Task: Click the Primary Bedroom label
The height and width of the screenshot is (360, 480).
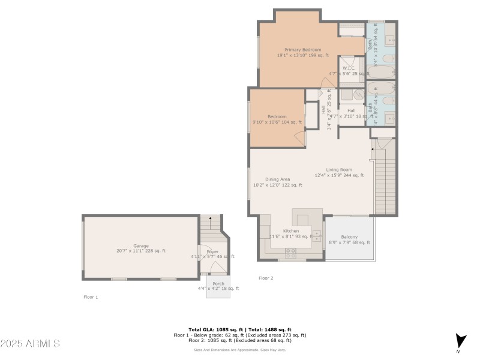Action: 302,50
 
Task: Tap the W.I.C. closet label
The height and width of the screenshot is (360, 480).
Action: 349,68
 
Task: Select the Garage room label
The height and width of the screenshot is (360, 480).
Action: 141,246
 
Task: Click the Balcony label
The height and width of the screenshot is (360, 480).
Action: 349,237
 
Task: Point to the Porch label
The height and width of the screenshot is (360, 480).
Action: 218,283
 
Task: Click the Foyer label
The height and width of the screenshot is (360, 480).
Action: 212,251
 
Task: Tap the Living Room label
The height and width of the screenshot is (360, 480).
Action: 339,170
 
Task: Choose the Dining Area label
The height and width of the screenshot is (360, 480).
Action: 278,179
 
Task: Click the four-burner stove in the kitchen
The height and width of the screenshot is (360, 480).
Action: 291,251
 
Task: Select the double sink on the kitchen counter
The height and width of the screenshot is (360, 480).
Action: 316,235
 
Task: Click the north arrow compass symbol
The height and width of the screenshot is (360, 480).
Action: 460,341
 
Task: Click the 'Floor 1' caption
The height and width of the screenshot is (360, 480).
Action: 91,297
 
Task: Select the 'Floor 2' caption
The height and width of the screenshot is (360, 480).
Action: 266,278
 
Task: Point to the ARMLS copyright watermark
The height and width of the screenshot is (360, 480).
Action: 30,344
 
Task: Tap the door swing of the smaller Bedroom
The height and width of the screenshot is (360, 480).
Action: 299,137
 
